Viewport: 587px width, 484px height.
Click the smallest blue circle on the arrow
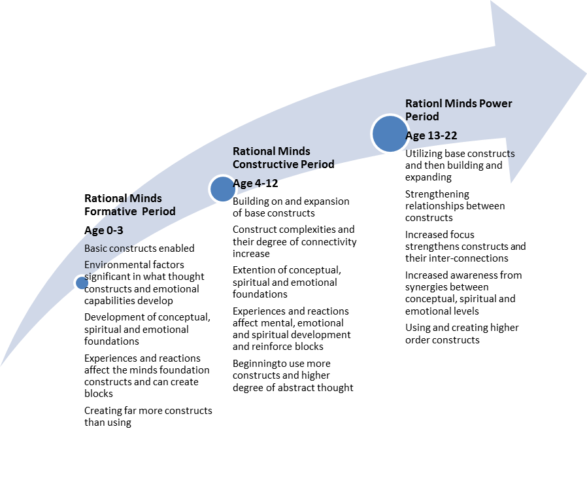click(82, 283)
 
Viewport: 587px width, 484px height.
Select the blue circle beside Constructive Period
click(222, 189)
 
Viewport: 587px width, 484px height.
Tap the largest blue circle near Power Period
click(390, 134)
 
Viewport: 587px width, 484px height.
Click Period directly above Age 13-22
click(422, 116)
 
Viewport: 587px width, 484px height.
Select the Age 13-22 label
click(431, 135)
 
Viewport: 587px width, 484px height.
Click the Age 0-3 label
click(105, 230)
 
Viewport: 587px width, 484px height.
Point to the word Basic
click(96, 249)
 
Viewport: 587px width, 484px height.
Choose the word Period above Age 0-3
click(159, 211)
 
